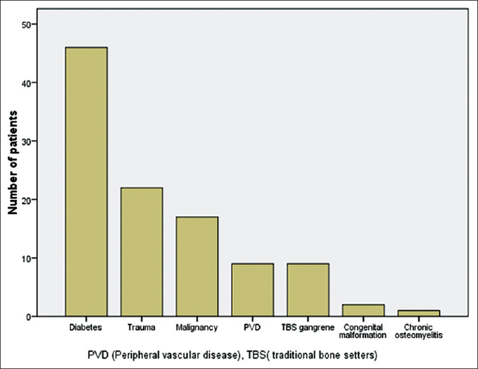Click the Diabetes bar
click(x=86, y=181)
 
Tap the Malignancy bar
click(x=197, y=266)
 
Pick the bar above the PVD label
click(x=252, y=290)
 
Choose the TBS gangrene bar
click(x=307, y=290)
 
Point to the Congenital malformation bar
click(x=363, y=310)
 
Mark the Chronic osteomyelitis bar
click(x=418, y=313)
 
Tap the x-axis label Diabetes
click(x=86, y=329)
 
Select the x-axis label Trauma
click(x=141, y=329)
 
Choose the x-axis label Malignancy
click(x=197, y=329)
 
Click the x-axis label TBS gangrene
click(x=307, y=329)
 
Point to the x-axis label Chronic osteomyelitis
click(x=418, y=332)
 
